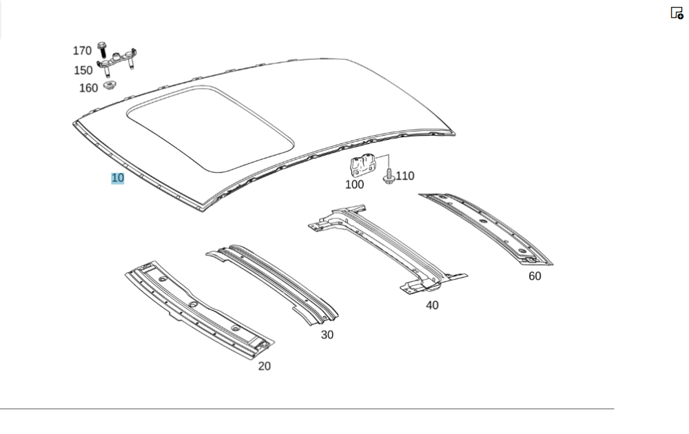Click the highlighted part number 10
[118, 178]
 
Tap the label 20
[264, 366]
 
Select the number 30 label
[327, 335]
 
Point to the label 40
[432, 305]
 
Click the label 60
[535, 276]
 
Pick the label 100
[354, 185]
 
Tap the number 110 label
[404, 176]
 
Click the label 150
[83, 70]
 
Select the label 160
[88, 88]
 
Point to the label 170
[82, 50]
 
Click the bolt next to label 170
[103, 50]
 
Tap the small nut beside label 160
[109, 85]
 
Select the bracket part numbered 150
[117, 61]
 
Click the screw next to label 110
[389, 176]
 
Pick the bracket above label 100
[362, 164]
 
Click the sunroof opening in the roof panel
[210, 128]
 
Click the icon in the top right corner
[677, 12]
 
